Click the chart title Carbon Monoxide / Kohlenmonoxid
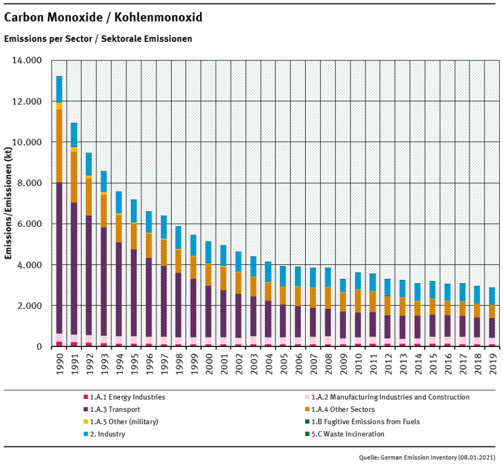click(103, 18)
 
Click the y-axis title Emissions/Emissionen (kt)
click(9, 203)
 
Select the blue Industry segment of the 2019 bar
click(491, 296)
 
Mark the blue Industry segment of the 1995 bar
click(134, 211)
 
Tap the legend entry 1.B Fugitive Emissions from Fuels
click(366, 422)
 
